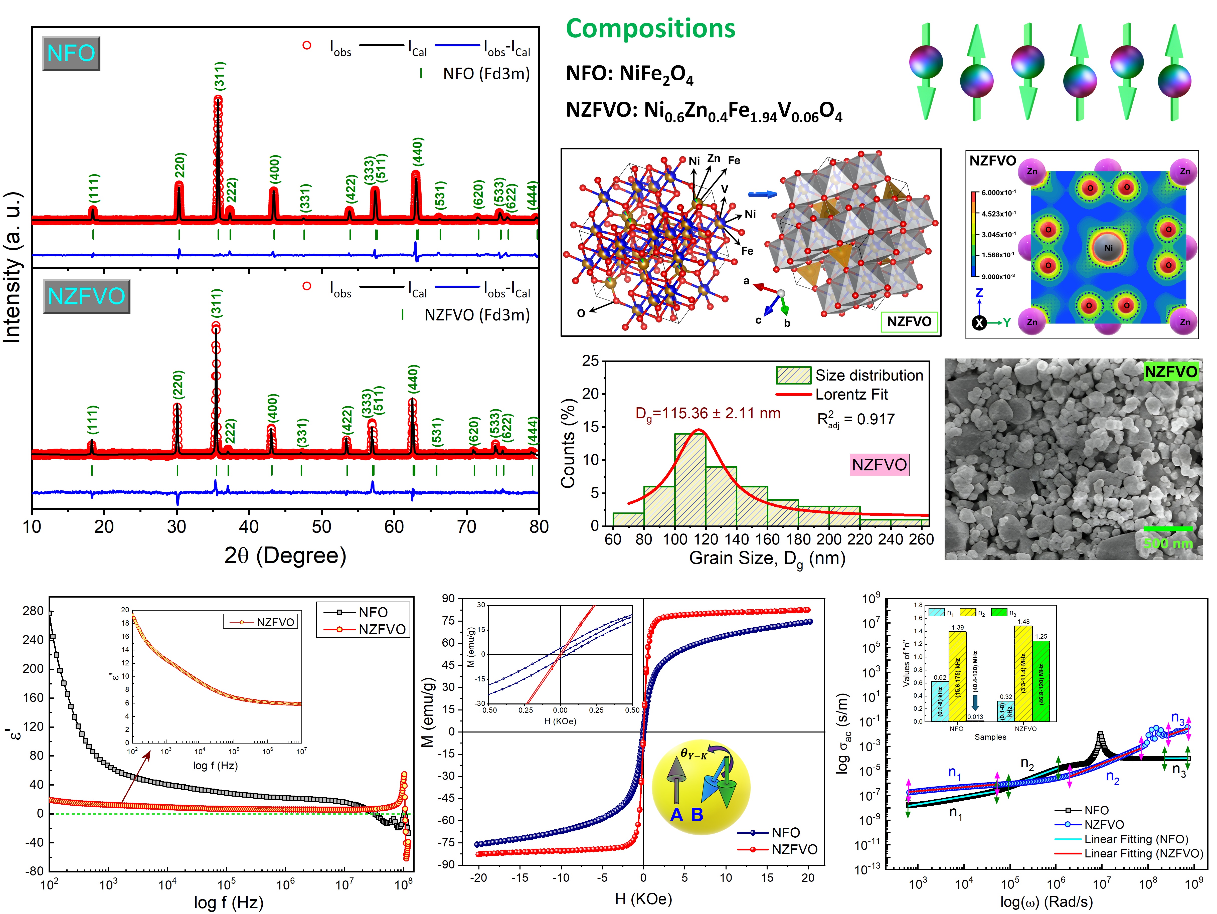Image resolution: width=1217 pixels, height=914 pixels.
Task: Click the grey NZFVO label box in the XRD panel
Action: coord(86,296)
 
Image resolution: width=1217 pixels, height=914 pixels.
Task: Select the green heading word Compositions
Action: coord(650,29)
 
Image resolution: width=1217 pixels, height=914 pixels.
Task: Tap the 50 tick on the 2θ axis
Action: coord(321,527)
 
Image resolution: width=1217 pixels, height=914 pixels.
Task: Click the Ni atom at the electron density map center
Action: coord(1108,248)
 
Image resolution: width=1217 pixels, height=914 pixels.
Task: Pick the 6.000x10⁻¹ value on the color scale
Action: coord(999,193)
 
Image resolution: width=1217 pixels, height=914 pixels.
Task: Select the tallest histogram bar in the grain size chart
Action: coord(690,479)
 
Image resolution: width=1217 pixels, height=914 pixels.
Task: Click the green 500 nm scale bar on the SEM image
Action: coord(1167,529)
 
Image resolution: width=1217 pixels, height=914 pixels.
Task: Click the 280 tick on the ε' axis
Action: coord(33,611)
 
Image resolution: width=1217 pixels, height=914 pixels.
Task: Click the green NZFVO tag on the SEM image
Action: coord(1171,372)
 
